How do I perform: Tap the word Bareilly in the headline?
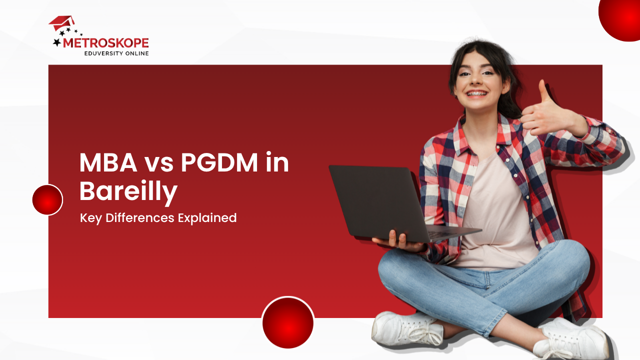[128, 191]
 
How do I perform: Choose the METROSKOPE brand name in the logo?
[105, 43]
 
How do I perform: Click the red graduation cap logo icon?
[61, 23]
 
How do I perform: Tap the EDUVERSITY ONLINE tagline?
[116, 53]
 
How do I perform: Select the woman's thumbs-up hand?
[539, 112]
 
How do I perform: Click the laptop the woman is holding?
[380, 200]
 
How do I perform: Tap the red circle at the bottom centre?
[288, 323]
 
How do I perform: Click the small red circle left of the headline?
[47, 200]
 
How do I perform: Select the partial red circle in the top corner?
[621, 17]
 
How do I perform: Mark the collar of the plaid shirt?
[505, 130]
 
